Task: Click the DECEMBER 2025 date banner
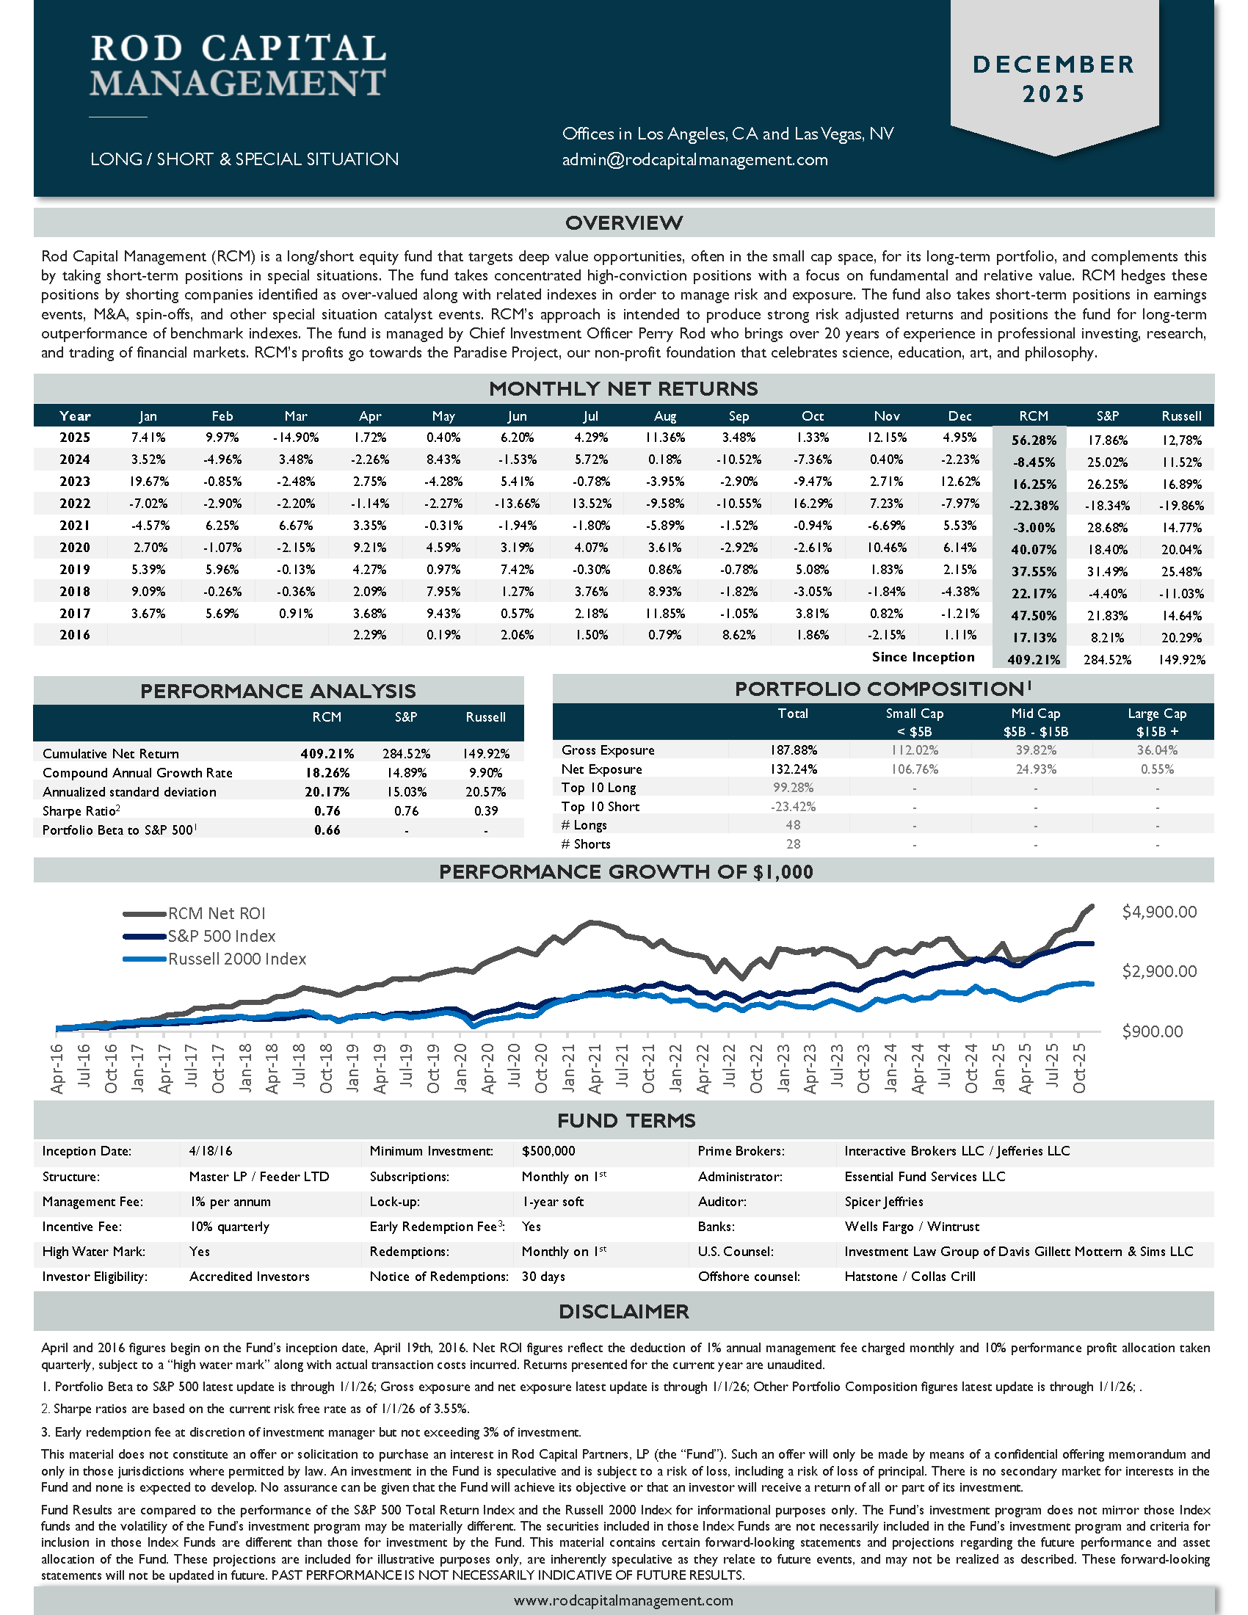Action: point(1053,79)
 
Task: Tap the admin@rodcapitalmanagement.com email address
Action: point(694,160)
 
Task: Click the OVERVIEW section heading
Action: point(623,222)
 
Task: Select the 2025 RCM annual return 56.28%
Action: point(1033,440)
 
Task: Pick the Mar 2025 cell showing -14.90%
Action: point(296,438)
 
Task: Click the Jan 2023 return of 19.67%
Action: point(148,482)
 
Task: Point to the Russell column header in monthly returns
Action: point(1180,415)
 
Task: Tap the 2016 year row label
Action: point(75,635)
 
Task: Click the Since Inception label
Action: point(923,657)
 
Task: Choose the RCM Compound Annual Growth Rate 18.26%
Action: point(327,773)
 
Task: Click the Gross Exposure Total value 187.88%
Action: point(793,750)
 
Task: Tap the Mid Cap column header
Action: point(1035,714)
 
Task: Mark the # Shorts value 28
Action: point(793,843)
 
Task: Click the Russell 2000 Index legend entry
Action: point(236,959)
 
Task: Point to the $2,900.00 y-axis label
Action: point(1158,972)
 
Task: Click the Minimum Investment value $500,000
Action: point(548,1151)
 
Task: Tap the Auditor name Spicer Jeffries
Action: point(883,1202)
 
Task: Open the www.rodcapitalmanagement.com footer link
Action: point(623,1601)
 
